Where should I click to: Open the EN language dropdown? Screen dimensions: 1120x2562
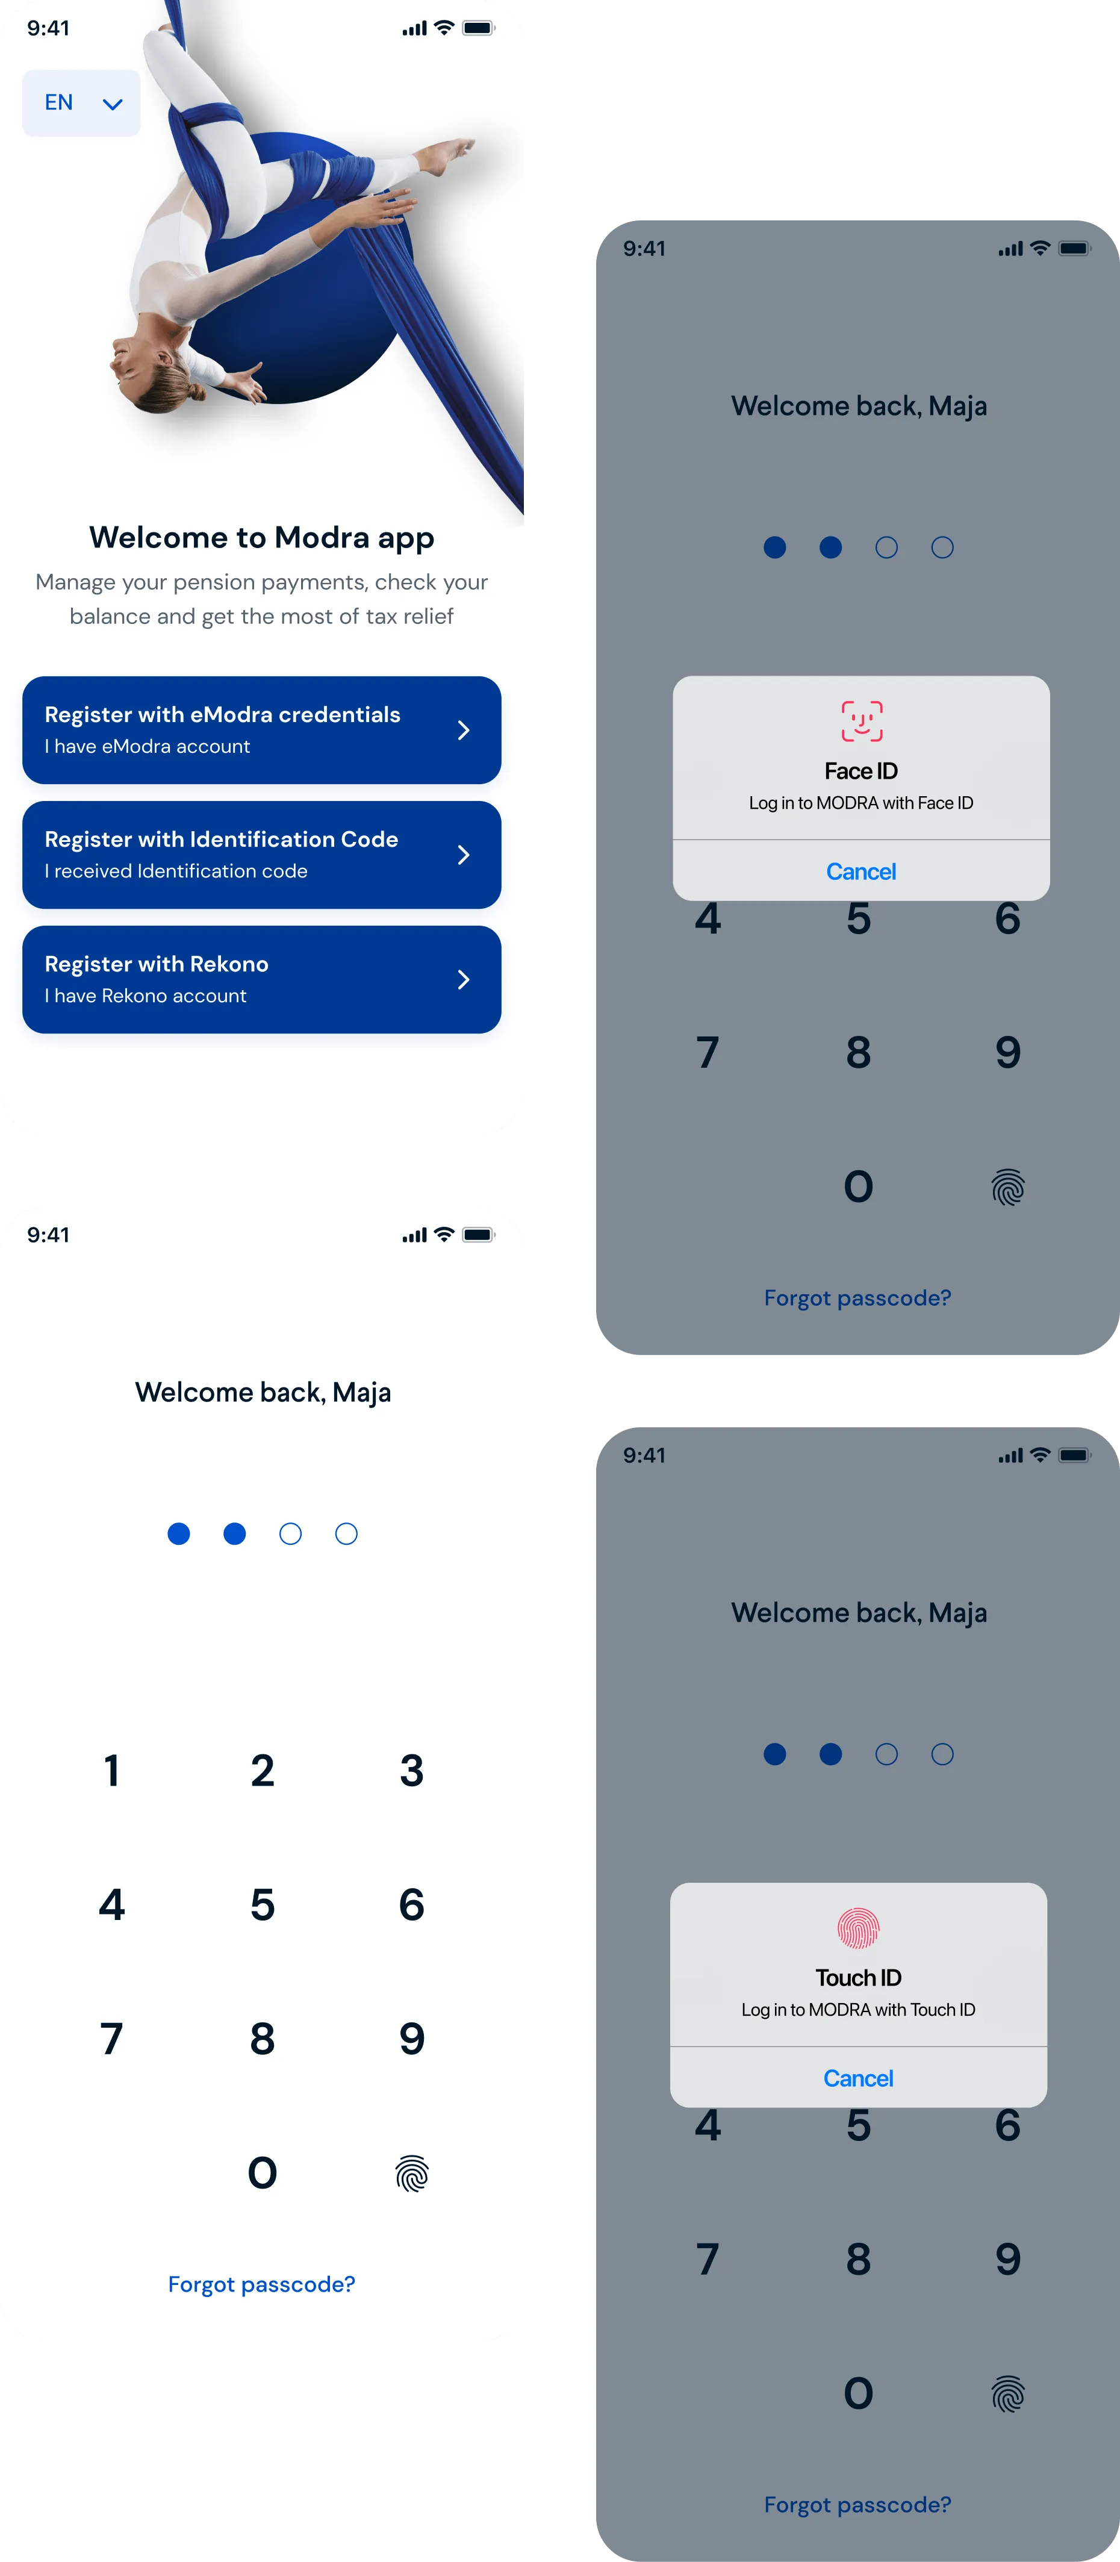(x=81, y=102)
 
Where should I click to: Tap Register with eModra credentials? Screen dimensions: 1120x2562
(x=261, y=730)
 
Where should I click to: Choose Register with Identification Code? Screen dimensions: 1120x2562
(x=261, y=855)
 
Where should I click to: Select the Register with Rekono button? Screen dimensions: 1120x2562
(x=261, y=980)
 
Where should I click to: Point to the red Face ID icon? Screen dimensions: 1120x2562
(x=862, y=721)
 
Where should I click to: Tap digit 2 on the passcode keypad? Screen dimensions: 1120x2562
(x=263, y=1770)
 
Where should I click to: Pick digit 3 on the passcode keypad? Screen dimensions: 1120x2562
(x=412, y=1770)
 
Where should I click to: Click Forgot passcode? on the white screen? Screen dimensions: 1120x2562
(x=261, y=2284)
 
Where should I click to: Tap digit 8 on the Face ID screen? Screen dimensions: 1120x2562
(x=859, y=1052)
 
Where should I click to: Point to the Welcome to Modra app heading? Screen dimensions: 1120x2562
(x=261, y=537)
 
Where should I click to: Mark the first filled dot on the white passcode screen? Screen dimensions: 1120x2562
(x=179, y=1533)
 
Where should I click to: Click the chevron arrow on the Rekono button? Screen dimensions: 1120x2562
(x=464, y=980)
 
